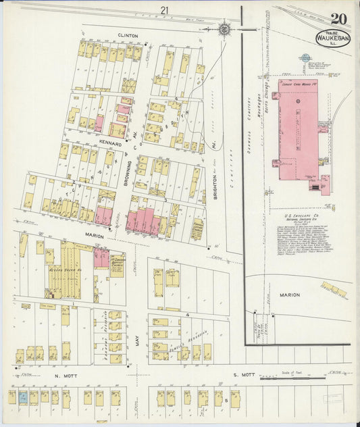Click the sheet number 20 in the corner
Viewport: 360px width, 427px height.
click(338, 18)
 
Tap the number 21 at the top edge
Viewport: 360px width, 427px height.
click(164, 9)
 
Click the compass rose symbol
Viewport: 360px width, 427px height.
click(225, 28)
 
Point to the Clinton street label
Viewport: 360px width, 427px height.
click(128, 34)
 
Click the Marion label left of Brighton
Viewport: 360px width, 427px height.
click(94, 235)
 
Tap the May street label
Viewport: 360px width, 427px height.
click(138, 338)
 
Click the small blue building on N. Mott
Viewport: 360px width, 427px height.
click(22, 398)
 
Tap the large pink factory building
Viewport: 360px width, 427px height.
click(297, 134)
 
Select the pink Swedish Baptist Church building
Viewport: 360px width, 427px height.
click(101, 259)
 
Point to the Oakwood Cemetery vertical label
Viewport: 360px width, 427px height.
click(250, 115)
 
